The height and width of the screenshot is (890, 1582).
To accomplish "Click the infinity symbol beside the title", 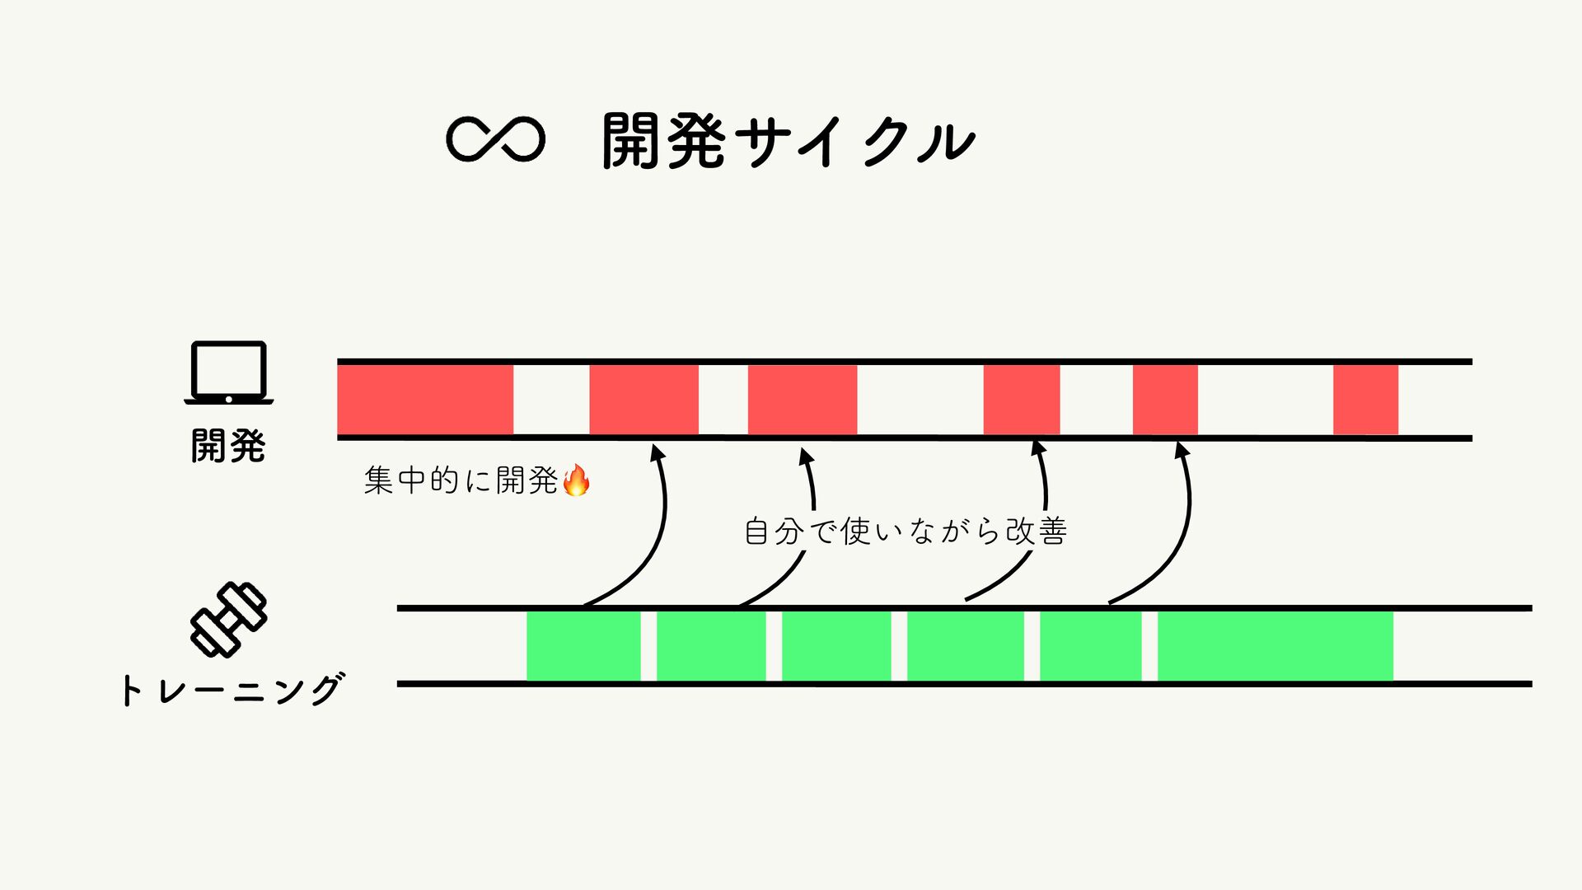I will [x=495, y=139].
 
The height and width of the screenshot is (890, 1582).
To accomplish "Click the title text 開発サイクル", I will [x=789, y=141].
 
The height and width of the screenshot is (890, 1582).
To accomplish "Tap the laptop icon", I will [x=228, y=372].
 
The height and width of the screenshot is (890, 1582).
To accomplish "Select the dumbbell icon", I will [x=228, y=619].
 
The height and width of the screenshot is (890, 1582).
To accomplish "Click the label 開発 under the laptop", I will [x=228, y=446].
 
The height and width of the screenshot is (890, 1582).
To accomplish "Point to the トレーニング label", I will [x=231, y=690].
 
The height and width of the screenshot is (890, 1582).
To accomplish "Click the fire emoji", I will [x=576, y=480].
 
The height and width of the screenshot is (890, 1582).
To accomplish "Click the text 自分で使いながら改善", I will [x=906, y=531].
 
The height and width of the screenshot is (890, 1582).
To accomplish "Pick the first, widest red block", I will [x=425, y=400].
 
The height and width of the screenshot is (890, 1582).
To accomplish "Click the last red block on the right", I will [x=1365, y=400].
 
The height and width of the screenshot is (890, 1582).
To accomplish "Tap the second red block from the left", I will [x=644, y=400].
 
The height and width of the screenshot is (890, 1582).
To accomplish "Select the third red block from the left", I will [x=802, y=400].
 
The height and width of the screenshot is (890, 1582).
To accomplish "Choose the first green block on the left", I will [x=583, y=646].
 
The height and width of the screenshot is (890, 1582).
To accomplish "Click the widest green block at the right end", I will [x=1275, y=646].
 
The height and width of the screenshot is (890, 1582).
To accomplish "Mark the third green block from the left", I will [x=835, y=646].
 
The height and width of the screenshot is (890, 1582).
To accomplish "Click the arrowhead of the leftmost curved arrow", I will [x=657, y=452].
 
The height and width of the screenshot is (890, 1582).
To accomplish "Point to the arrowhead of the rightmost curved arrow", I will [x=1181, y=450].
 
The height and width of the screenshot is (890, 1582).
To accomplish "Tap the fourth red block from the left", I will [x=1021, y=400].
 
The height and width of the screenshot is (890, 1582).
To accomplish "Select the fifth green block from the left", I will [x=1090, y=646].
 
